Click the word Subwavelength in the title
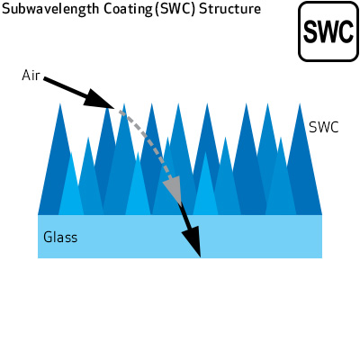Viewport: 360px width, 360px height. (50, 9)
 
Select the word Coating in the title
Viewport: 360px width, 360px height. (128, 10)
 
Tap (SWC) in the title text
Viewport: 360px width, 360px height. (175, 9)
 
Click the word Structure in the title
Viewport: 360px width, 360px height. (229, 9)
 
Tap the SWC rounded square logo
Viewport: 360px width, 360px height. (328, 31)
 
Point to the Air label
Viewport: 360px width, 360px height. (31, 76)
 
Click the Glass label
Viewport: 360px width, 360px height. (60, 237)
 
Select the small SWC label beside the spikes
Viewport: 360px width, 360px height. (324, 128)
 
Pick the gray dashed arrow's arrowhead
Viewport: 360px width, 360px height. (174, 190)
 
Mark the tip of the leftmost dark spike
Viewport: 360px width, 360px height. (60, 103)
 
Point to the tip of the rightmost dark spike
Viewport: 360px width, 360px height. (300, 103)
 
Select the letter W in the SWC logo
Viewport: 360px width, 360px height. (328, 31)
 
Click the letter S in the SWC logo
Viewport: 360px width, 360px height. (310, 31)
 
